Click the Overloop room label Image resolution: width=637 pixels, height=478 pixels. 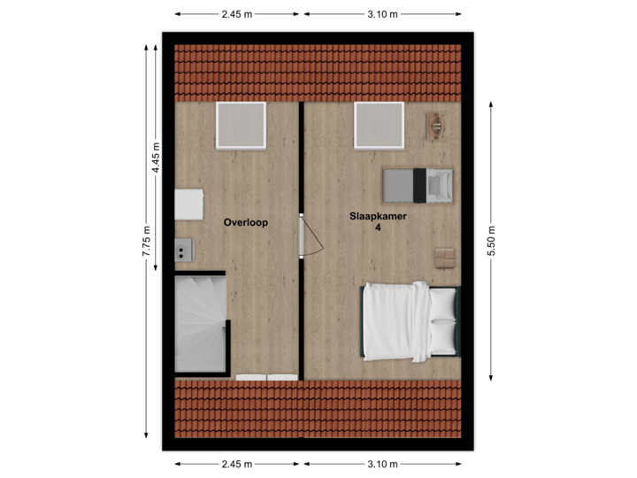[x=245, y=223]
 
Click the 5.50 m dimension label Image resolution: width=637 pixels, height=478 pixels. [x=491, y=240]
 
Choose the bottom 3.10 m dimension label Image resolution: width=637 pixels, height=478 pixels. [x=382, y=464]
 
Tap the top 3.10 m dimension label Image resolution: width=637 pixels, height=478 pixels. [x=382, y=14]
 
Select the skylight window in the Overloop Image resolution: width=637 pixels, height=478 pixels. [x=241, y=125]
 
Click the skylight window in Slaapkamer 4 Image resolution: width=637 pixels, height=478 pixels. [x=380, y=125]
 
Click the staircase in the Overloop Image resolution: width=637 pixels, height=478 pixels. [x=201, y=323]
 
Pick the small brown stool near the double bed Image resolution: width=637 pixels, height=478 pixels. [x=443, y=256]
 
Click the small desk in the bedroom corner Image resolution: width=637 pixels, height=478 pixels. [x=437, y=126]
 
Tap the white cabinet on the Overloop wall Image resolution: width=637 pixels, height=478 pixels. [x=188, y=204]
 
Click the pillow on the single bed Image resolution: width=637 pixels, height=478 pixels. [x=440, y=185]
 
